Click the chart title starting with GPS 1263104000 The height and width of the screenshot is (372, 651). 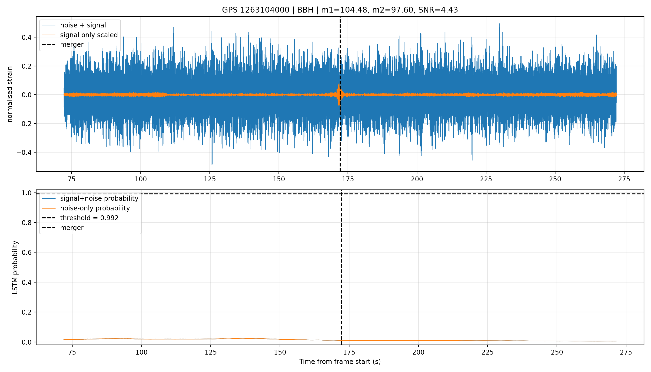[x=340, y=10]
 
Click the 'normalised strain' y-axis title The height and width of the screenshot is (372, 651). [x=10, y=94]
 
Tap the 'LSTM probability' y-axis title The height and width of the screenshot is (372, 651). [x=15, y=267]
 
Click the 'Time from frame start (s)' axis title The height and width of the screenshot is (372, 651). [x=340, y=362]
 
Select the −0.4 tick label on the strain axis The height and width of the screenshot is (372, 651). [x=24, y=153]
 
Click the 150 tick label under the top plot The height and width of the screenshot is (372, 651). [x=279, y=179]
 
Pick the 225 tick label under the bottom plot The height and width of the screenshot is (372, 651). [x=488, y=352]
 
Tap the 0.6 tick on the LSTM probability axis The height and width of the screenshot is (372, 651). [x=27, y=252]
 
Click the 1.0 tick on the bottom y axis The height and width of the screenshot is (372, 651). [x=27, y=193]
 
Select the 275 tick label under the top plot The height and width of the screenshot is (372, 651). [x=624, y=179]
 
